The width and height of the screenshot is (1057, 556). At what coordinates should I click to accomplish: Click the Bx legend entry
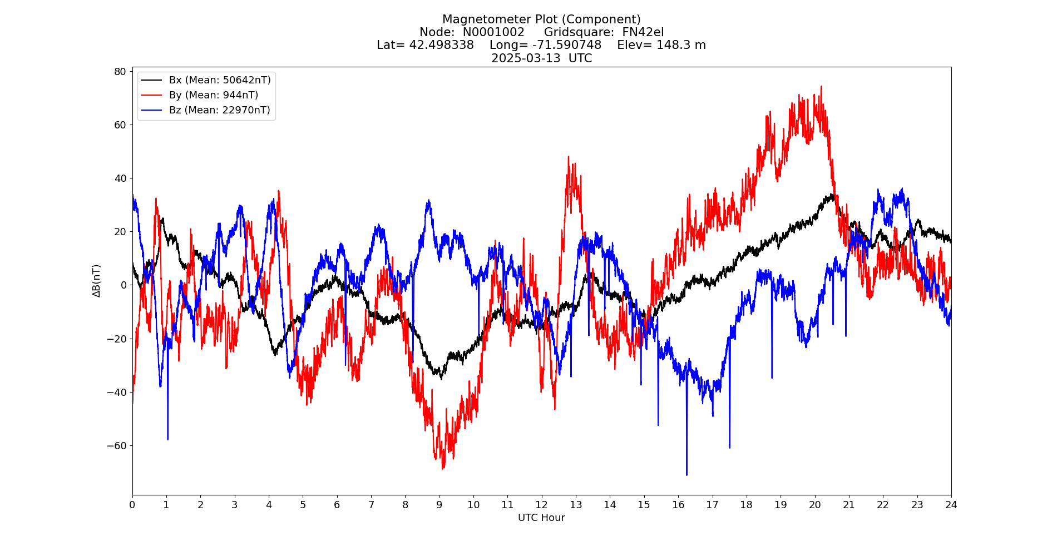pos(220,80)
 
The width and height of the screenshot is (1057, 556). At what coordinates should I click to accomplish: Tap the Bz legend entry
pos(219,110)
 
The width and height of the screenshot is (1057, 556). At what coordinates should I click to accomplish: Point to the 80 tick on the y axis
pos(120,71)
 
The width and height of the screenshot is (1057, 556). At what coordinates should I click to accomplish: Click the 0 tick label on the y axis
pos(124,285)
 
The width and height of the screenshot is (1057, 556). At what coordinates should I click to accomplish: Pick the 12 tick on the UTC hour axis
pos(541,505)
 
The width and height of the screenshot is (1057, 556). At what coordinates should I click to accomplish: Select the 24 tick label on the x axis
pos(951,505)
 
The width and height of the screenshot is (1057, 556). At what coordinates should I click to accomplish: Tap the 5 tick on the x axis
pos(303,505)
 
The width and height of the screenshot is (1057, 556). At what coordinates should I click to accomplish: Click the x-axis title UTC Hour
pos(541,518)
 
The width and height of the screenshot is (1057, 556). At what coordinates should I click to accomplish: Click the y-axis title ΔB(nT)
pos(97,281)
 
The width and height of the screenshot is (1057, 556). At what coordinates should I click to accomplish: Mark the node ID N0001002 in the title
pos(493,32)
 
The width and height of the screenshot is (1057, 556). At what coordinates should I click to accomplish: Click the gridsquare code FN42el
pos(643,32)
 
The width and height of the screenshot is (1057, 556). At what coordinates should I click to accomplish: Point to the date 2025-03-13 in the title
pos(526,58)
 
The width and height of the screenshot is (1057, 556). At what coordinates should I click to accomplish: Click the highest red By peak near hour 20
pos(821,87)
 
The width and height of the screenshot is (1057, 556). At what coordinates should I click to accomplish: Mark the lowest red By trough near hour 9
pos(443,468)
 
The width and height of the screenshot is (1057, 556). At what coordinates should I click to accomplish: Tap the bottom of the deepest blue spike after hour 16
pos(686,475)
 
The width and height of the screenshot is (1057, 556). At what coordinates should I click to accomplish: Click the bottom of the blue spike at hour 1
pos(167,439)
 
